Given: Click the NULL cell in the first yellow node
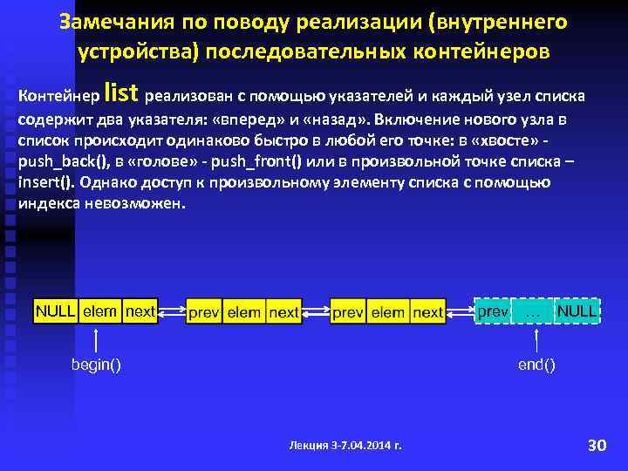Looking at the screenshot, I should [x=55, y=311].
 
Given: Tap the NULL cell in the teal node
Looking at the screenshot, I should [x=577, y=311].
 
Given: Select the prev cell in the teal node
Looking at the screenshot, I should [x=493, y=311].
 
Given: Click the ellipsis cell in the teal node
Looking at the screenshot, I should [x=533, y=311].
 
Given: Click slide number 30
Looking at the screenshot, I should [x=597, y=446].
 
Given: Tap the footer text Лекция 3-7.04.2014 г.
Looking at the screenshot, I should [x=345, y=446].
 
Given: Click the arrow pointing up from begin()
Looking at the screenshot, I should [x=95, y=339].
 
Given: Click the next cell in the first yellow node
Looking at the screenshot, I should [x=140, y=311].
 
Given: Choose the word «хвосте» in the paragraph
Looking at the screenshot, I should [x=526, y=141].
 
